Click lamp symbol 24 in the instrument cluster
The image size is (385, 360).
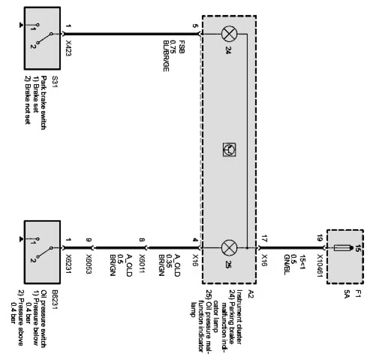(228, 33)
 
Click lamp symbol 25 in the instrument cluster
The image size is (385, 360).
(228, 247)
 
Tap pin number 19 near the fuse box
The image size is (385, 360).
(320, 237)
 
